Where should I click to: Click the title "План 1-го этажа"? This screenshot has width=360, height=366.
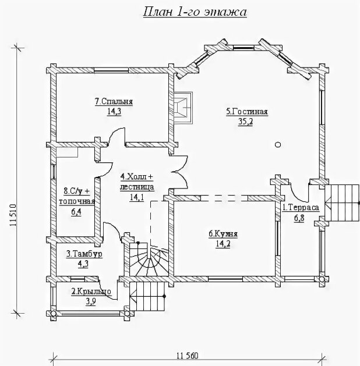195,12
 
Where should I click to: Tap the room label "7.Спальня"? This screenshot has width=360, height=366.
114,101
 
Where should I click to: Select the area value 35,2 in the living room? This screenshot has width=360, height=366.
245,122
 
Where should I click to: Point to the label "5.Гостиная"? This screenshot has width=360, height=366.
246,112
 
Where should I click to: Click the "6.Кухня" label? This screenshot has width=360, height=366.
223,234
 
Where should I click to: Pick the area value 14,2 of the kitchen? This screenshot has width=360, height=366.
223,244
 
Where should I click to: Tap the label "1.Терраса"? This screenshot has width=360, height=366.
301,208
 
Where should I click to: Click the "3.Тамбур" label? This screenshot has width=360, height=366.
84,254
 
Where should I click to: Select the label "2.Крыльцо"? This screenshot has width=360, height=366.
91,292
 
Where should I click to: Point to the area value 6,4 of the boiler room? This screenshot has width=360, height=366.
76,212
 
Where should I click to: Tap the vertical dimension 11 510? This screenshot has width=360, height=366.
13,215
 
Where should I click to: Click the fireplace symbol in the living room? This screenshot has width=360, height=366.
183,108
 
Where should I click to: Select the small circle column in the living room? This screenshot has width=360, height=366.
278,145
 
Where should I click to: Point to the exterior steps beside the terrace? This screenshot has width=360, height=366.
342,203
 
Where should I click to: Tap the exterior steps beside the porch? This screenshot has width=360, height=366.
147,296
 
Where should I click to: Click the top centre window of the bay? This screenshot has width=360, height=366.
243,48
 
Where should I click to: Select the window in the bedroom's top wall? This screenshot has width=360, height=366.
111,70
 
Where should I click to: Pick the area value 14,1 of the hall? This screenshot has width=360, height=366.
137,197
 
